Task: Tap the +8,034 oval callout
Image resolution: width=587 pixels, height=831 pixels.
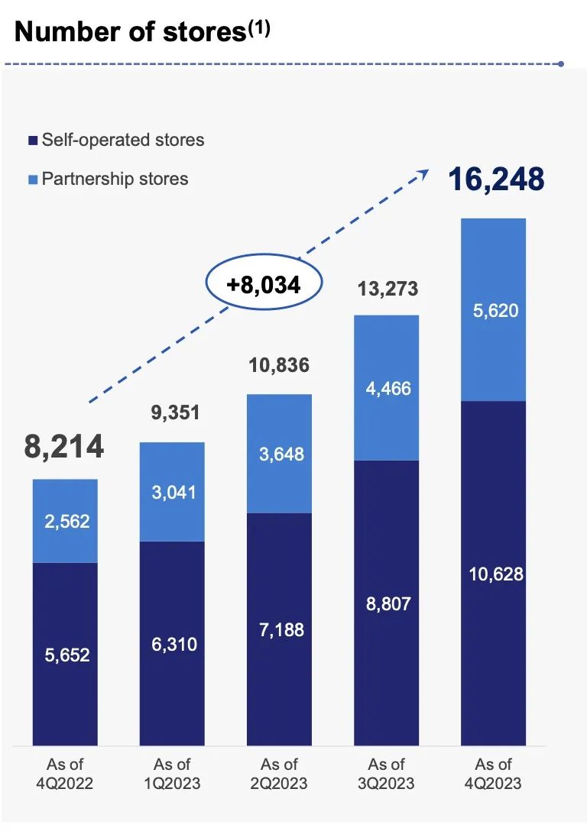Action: point(263,285)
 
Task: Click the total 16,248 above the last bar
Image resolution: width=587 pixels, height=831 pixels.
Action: point(496,179)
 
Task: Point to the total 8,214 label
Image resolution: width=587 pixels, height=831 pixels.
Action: point(64,447)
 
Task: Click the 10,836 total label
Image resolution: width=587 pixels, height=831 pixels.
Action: point(279,365)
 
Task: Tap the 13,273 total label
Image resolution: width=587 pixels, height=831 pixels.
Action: point(387,290)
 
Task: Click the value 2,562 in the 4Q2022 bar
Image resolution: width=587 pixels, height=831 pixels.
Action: point(66,522)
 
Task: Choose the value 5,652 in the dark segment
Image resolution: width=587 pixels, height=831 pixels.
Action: point(66,655)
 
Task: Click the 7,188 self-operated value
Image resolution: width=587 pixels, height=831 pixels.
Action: point(280,630)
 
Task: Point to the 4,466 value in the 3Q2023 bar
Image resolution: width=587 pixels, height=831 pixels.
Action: point(387,388)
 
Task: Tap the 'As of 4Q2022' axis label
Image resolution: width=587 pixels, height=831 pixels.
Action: point(66,774)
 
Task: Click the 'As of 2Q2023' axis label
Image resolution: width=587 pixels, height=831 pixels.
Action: point(280,774)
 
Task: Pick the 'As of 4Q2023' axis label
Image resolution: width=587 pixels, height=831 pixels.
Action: point(494,774)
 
